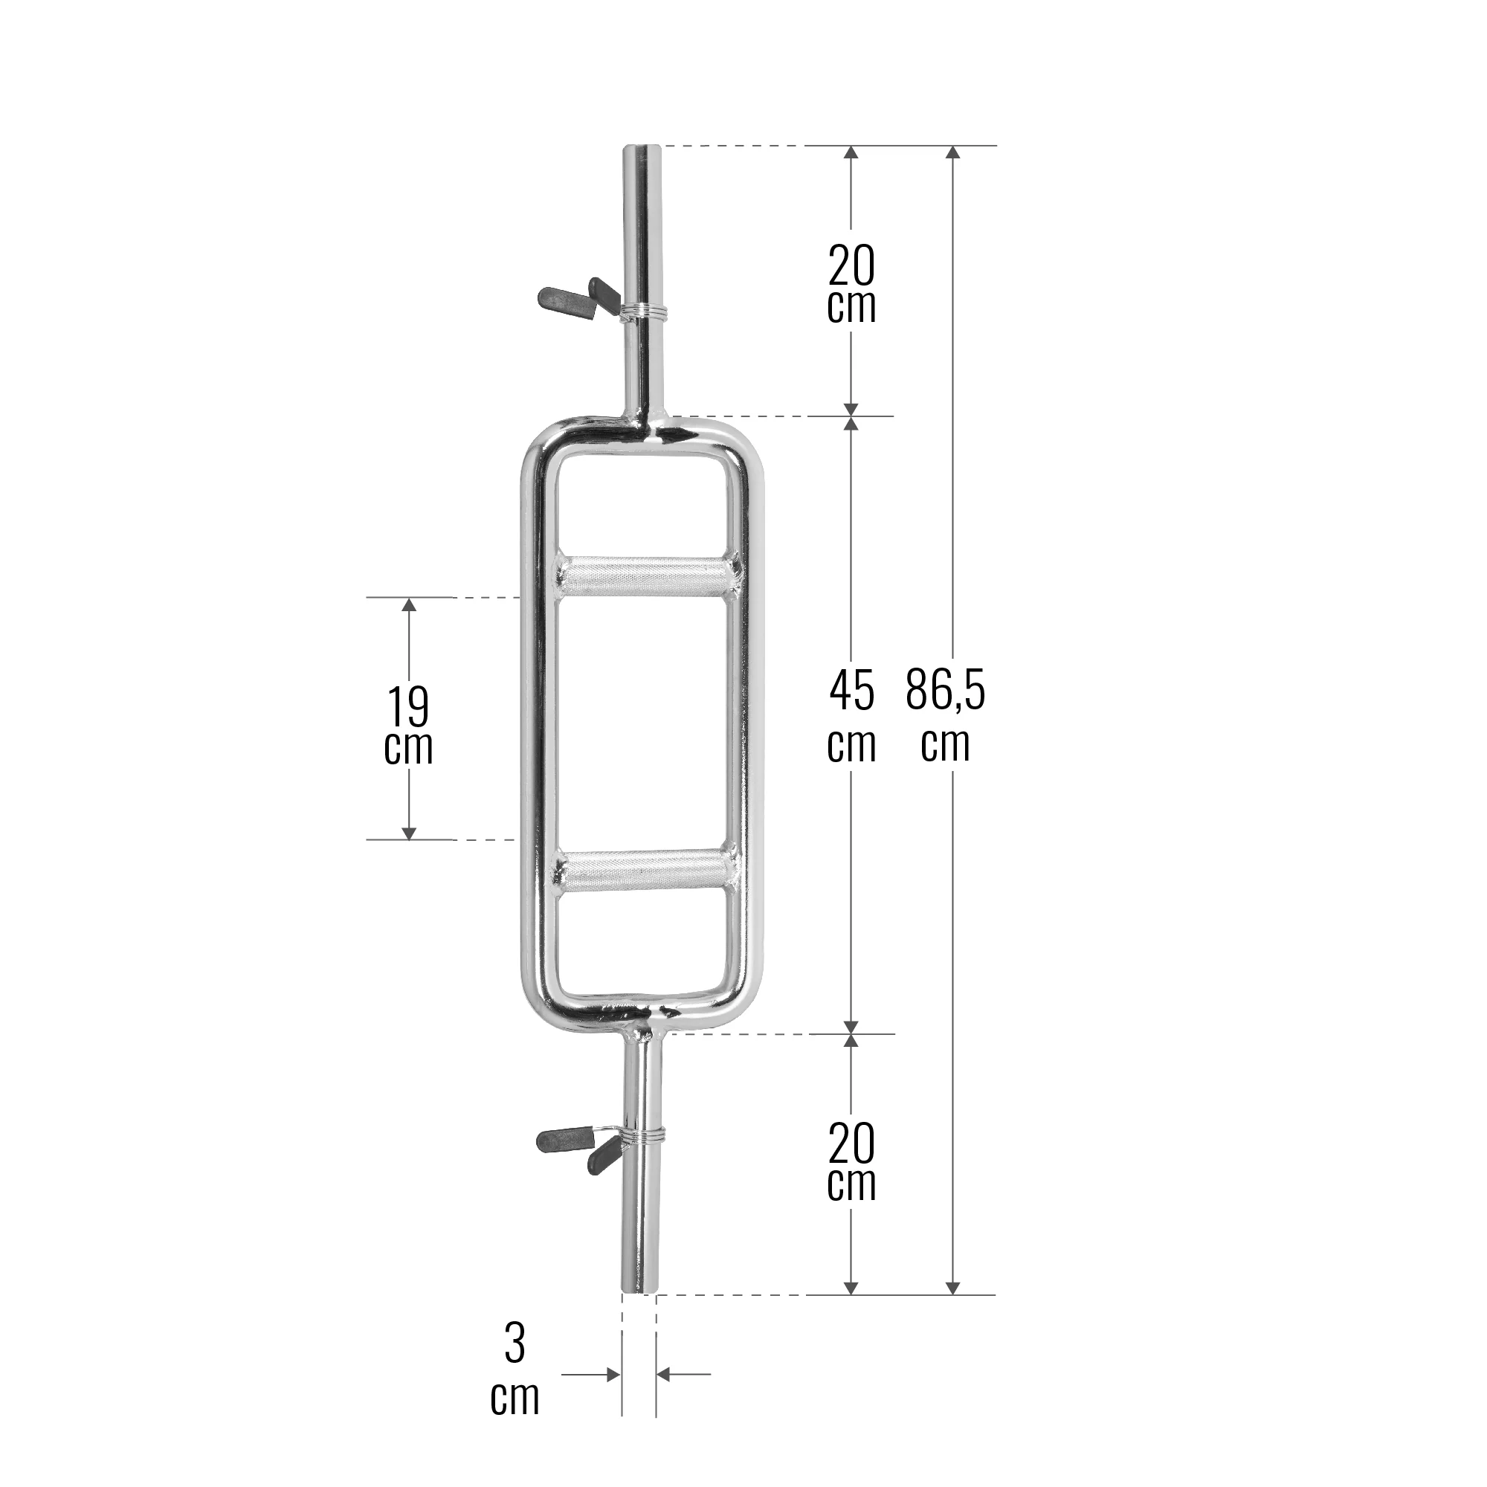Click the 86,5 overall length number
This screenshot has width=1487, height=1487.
(945, 691)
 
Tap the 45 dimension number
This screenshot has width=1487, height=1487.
(851, 691)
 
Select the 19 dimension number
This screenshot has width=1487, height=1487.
(408, 706)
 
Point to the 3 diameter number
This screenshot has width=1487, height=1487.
(515, 1343)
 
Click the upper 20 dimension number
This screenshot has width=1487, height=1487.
(851, 265)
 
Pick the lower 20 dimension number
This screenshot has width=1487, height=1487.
(851, 1144)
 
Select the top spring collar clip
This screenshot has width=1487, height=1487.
(600, 300)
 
